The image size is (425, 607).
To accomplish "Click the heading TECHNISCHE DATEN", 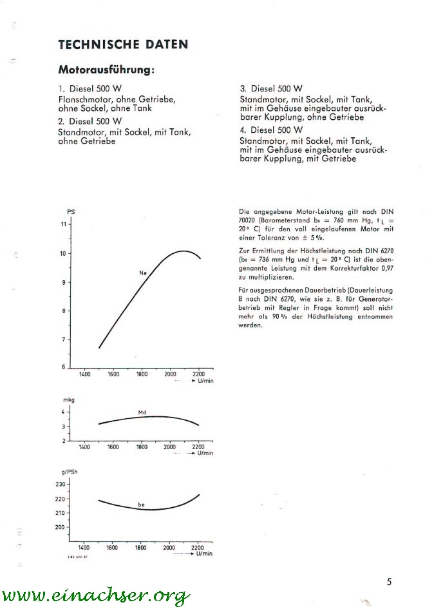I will pos(123,44).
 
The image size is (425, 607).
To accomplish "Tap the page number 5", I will pos(389,582).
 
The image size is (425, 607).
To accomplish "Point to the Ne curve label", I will pos(143,273).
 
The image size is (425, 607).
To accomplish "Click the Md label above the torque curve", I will pos(142,412).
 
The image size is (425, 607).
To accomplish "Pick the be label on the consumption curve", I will pos(141,504).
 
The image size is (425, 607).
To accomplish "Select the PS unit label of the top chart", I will pos(71,212).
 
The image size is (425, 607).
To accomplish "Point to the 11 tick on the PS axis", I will pos(63,224).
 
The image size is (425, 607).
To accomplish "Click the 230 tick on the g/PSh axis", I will pos(61,484).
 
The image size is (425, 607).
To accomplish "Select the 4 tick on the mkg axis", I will pos(63,412).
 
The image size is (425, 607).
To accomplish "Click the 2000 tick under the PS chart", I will pos(170,374).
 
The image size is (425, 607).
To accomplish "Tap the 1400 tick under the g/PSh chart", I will pos(84,548).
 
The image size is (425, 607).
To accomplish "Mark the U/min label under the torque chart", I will pos(205,453).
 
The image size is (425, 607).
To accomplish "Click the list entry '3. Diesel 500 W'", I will pos(271,88).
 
